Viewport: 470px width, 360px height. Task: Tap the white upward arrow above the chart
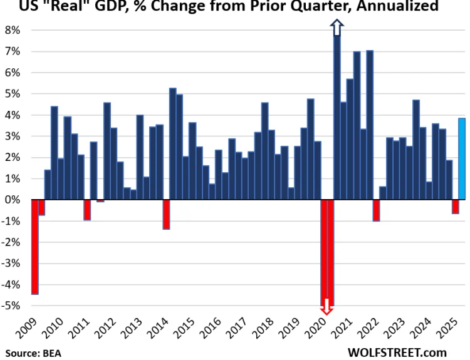tap(337, 28)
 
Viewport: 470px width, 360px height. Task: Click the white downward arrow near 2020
tap(326, 307)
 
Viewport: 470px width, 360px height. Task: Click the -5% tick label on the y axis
tap(13, 306)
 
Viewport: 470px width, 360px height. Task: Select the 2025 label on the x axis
tap(454, 327)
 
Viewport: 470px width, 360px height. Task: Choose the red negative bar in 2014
tap(166, 214)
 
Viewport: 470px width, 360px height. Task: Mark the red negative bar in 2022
tap(377, 210)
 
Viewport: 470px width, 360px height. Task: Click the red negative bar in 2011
tap(87, 210)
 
